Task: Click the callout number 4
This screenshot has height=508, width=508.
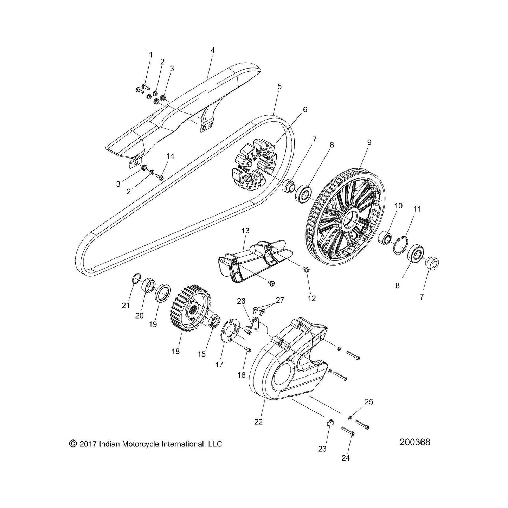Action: (213, 50)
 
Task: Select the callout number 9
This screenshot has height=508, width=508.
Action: (369, 142)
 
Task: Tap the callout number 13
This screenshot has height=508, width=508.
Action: (245, 231)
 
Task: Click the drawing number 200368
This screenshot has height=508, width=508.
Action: (415, 442)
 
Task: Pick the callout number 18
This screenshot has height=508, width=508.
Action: (175, 352)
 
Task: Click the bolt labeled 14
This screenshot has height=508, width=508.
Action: (160, 176)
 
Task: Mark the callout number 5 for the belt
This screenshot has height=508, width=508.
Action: (279, 86)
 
